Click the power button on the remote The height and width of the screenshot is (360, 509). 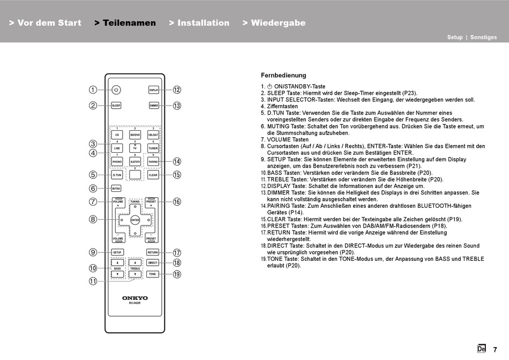pos(117,90)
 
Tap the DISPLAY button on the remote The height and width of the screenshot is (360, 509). pos(154,90)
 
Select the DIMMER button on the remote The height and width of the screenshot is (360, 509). pos(154,106)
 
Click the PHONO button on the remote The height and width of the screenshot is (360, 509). pos(117,161)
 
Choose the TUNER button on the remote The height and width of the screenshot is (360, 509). pos(153,147)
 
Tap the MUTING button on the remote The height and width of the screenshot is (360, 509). pos(116,189)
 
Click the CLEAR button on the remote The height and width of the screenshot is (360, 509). pos(153,175)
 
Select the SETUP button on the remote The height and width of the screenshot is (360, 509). pos(117,252)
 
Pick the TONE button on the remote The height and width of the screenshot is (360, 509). pos(153,274)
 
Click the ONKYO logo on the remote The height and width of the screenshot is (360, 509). pos(135,298)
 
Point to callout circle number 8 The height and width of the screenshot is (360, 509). pos(93,219)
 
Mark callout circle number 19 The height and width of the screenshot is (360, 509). pos(177,274)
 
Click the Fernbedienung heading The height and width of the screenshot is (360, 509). pos(283,76)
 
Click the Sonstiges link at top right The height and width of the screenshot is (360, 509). pos(483,37)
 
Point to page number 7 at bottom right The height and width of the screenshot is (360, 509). pos(495,349)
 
